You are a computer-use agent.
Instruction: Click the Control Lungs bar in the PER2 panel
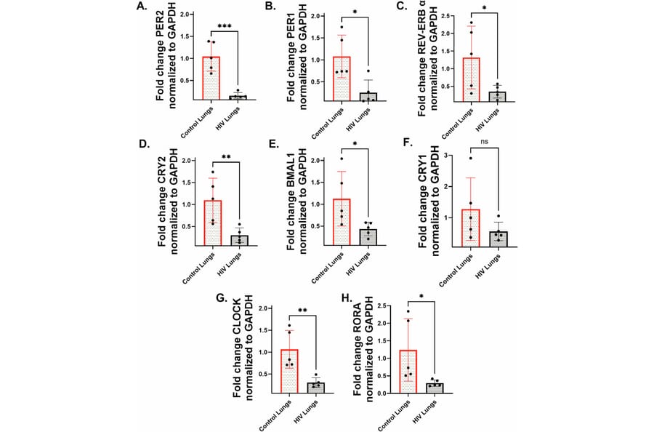coord(211,78)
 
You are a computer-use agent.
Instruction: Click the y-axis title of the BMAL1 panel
coord(298,201)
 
